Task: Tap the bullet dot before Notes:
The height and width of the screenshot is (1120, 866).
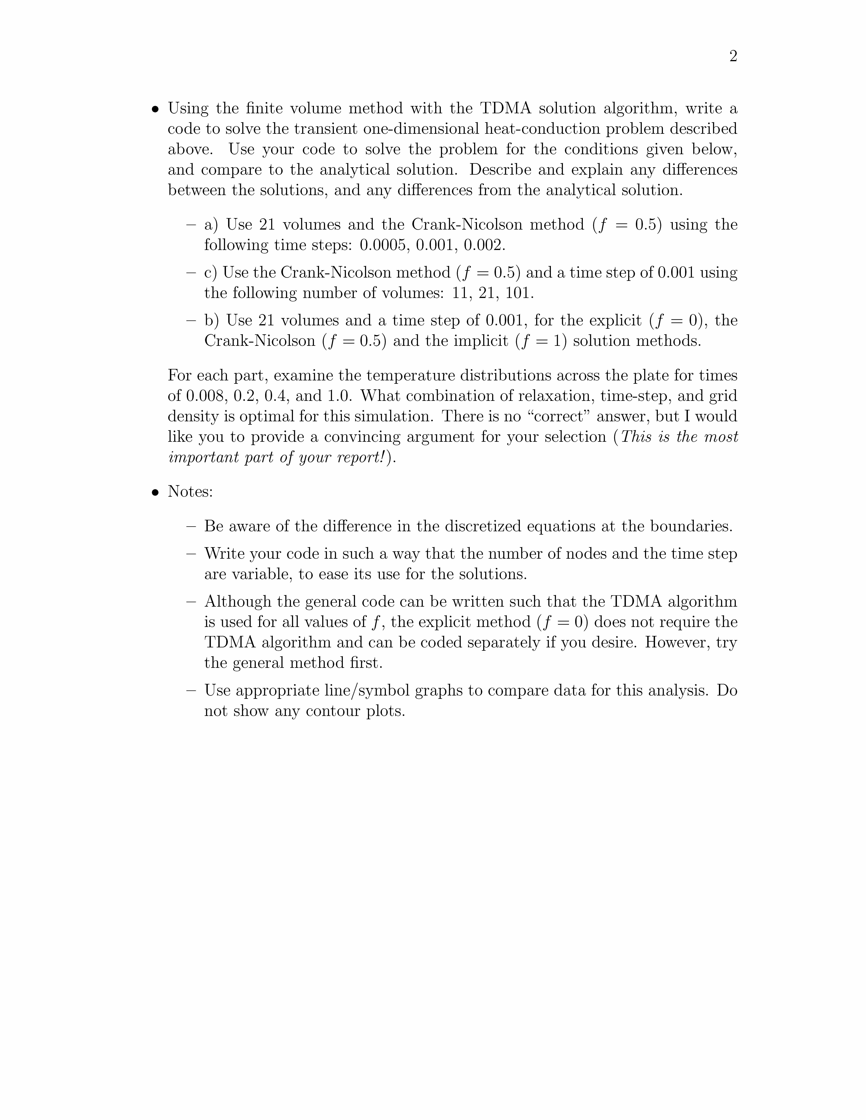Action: coord(155,492)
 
